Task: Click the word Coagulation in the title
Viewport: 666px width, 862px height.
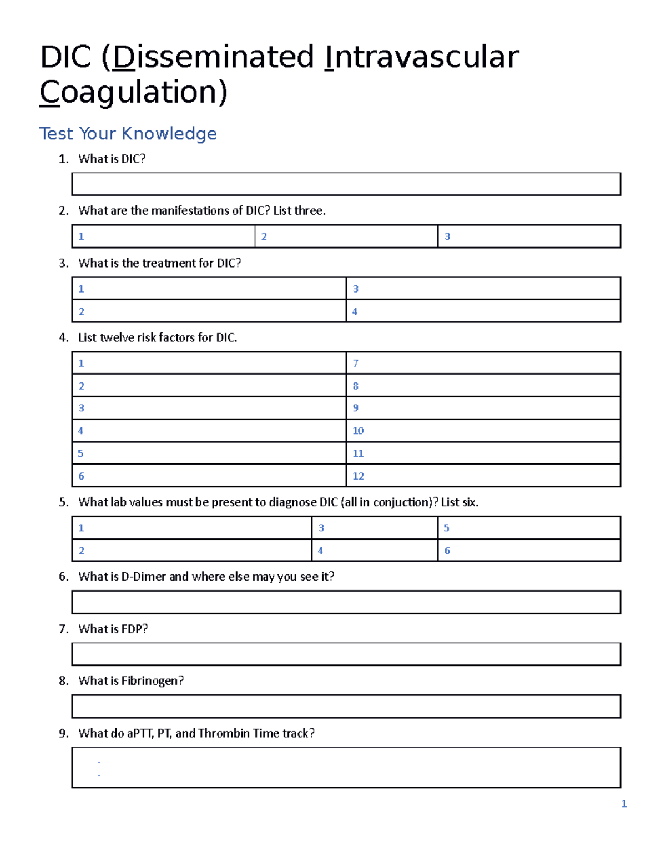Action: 133,92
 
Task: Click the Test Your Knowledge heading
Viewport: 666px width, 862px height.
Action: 128,133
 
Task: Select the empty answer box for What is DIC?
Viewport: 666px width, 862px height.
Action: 346,184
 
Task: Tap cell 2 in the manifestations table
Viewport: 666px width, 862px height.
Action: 346,236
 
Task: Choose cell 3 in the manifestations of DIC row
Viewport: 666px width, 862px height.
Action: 529,236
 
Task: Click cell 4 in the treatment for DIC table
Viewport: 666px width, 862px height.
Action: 483,311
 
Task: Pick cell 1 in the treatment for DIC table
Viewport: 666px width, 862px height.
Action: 209,289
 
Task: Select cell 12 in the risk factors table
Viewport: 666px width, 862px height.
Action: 483,476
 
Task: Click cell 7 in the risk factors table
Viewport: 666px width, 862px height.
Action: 483,363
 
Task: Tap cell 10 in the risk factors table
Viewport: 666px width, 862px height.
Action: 483,431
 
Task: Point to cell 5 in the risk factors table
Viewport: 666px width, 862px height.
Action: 209,453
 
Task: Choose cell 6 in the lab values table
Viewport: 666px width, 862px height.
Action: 529,551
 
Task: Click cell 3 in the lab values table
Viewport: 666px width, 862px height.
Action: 375,528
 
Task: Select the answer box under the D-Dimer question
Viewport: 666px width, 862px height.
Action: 346,602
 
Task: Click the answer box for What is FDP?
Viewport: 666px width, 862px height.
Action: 346,654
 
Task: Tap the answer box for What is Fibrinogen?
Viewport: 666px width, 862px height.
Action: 346,707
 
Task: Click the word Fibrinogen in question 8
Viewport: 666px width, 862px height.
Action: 150,681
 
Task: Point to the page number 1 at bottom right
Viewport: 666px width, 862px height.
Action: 624,804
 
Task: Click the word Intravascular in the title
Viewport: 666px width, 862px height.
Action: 422,57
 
